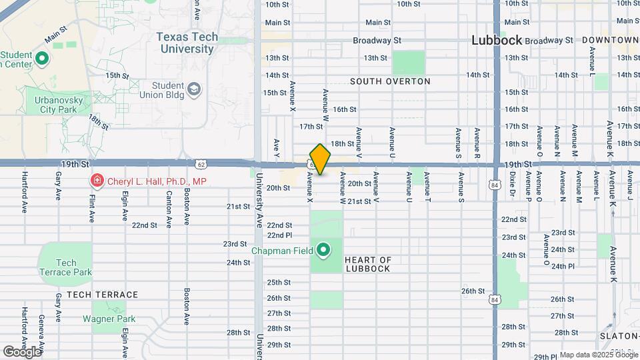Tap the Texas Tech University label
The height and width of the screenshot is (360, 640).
[x=188, y=43]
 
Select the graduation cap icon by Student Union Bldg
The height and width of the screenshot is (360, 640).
[x=194, y=90]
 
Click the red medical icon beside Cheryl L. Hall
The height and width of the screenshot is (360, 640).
[x=97, y=181]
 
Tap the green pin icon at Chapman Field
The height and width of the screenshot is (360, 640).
[x=323, y=251]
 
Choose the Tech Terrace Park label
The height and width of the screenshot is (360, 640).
[x=65, y=267]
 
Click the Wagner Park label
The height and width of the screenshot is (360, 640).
[x=109, y=319]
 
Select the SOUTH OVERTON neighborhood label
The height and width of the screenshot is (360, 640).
[x=390, y=81]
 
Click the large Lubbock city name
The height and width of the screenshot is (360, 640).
[x=497, y=40]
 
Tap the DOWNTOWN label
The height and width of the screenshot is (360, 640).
[x=610, y=41]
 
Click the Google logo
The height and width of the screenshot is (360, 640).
[x=22, y=351]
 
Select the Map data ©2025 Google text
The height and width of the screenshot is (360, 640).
[x=598, y=355]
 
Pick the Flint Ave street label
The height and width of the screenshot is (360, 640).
[x=92, y=207]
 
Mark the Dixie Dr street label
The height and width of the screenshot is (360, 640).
[x=513, y=186]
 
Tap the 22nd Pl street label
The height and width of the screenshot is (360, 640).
[x=280, y=235]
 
